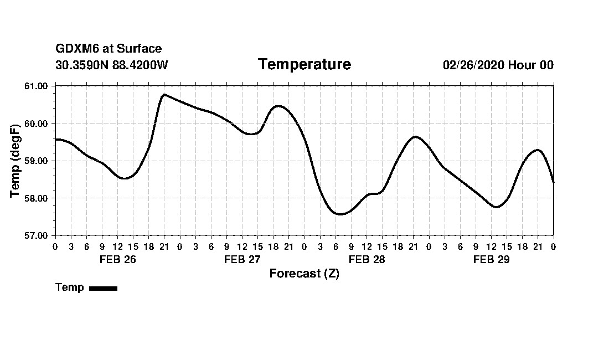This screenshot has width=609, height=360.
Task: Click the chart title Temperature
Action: tap(304, 65)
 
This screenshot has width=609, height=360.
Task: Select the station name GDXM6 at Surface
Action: tap(109, 49)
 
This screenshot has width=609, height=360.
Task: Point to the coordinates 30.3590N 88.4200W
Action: tap(112, 65)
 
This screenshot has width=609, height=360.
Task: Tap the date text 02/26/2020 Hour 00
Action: tap(498, 65)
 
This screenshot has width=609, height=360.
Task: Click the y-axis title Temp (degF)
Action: tap(16, 160)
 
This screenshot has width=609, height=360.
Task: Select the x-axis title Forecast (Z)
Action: tap(304, 274)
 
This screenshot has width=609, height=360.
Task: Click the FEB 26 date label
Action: tap(117, 259)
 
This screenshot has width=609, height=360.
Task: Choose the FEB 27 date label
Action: tap(242, 259)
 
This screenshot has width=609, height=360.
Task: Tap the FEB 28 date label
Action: tap(367, 259)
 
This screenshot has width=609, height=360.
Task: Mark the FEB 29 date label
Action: tap(491, 259)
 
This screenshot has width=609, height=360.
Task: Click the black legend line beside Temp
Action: tap(103, 288)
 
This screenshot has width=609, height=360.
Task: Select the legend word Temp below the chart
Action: tap(70, 287)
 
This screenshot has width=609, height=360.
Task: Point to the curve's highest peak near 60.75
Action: tap(164, 95)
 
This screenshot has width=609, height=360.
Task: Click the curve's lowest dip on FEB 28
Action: tap(340, 214)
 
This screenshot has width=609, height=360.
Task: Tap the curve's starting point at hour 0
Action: tap(55, 140)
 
